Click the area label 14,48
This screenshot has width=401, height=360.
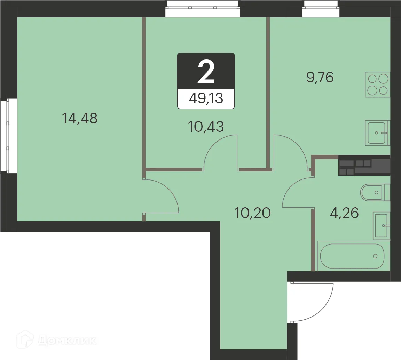pyautogui.click(x=79, y=119)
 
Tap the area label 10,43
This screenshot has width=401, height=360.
pyautogui.click(x=206, y=127)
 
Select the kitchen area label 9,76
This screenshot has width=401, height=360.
pyautogui.click(x=320, y=78)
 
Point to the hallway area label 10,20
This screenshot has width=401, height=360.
pyautogui.click(x=252, y=212)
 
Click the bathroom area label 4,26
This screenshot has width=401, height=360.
pyautogui.click(x=344, y=213)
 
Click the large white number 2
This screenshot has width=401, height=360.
pyautogui.click(x=206, y=72)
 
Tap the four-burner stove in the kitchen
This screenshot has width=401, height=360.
pyautogui.click(x=378, y=85)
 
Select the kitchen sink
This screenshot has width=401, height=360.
pyautogui.click(x=377, y=133)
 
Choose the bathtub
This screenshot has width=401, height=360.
pyautogui.click(x=351, y=256)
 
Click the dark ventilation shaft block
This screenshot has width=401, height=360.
pyautogui.click(x=364, y=166)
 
